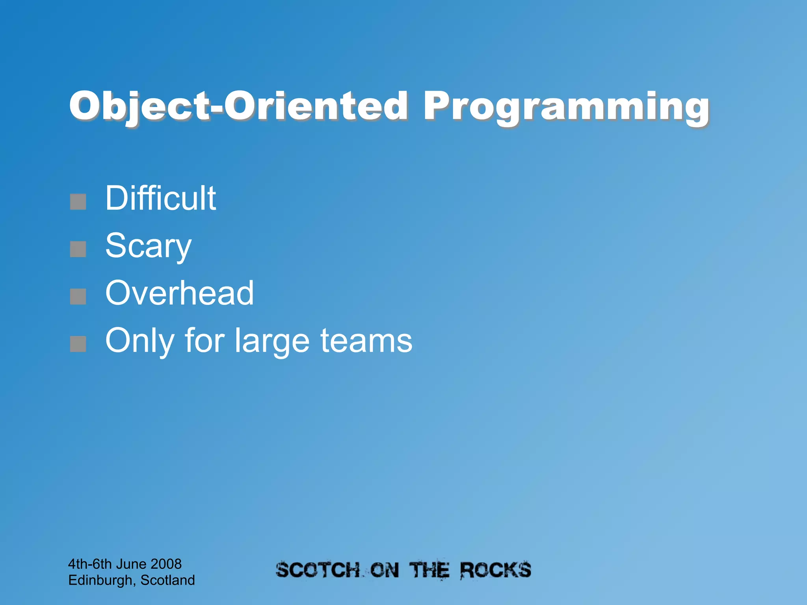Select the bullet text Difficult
click(160, 198)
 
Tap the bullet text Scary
click(148, 246)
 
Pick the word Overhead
click(179, 293)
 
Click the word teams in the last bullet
click(366, 340)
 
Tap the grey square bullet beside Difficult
click(78, 202)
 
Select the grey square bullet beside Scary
click(78, 249)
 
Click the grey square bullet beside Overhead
click(78, 297)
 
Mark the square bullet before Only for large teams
click(78, 344)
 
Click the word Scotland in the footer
click(167, 580)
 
